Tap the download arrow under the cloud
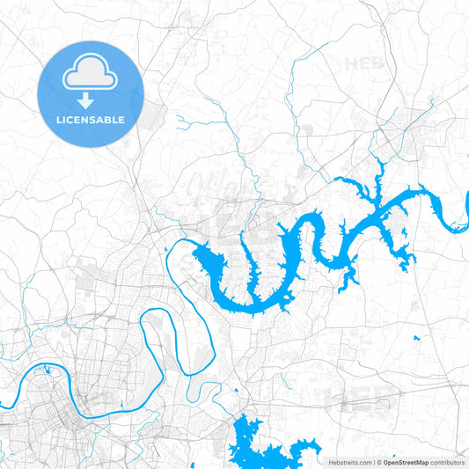click(x=91, y=100)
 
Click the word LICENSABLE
click(x=91, y=120)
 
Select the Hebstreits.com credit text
click(x=349, y=462)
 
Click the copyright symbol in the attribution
click(x=378, y=462)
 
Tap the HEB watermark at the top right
click(x=363, y=63)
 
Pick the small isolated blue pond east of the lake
click(x=416, y=338)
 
